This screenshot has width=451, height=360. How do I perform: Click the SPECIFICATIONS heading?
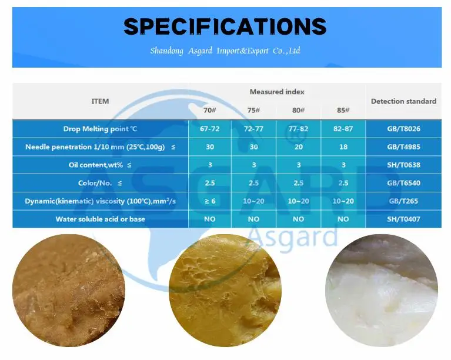[225, 26]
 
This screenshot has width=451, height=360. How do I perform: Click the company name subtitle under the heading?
[225, 51]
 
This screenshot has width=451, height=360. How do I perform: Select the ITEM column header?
[100, 101]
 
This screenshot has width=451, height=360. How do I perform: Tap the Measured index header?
[277, 92]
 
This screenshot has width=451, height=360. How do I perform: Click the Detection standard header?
[403, 101]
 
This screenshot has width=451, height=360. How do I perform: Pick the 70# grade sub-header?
[210, 111]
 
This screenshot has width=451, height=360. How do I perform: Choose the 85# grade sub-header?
[343, 111]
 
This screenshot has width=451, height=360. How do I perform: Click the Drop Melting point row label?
[100, 129]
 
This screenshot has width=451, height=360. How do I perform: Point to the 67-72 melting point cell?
[210, 129]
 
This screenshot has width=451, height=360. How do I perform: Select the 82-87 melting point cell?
[343, 129]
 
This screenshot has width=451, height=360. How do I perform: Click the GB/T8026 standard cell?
[403, 129]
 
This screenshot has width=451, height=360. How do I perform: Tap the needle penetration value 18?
[343, 147]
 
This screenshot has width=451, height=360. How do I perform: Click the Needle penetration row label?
[100, 147]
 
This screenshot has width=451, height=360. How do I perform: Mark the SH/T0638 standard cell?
[403, 165]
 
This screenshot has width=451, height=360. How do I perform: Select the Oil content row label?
[100, 165]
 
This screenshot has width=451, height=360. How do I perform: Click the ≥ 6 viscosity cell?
[210, 201]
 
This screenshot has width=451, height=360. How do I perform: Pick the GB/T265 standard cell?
[403, 201]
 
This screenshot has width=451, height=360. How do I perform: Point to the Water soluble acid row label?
[100, 219]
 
